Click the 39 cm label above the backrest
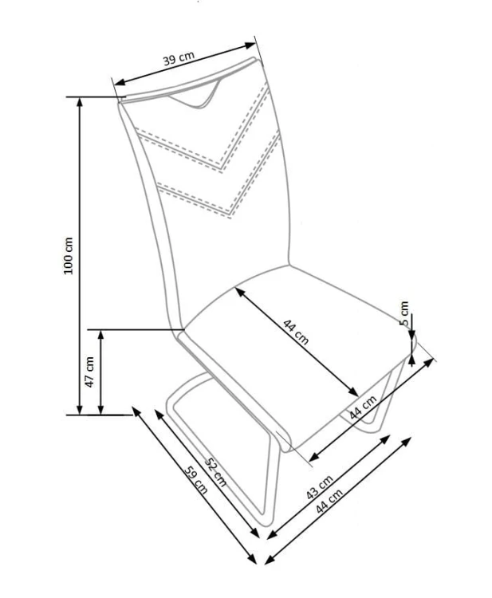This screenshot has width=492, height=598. coord(179,58)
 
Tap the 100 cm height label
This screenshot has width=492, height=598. coord(69,255)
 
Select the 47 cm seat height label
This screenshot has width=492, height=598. coord(89,372)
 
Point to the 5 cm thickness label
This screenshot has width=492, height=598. coord(404,314)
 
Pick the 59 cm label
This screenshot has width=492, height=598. coord(196,480)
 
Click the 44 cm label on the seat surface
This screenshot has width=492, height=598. coord(296,332)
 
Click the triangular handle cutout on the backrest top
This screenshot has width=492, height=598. coord(195,96)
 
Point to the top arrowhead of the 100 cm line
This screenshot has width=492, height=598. coord(79,102)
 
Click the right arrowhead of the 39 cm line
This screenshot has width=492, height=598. coord(250,45)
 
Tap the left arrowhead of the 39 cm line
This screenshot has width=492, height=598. coord(120,82)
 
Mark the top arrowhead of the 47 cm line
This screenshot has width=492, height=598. coord(100,335)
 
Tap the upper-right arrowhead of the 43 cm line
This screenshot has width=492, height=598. coord(385,439)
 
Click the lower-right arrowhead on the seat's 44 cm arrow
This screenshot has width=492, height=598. coord(353,391)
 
